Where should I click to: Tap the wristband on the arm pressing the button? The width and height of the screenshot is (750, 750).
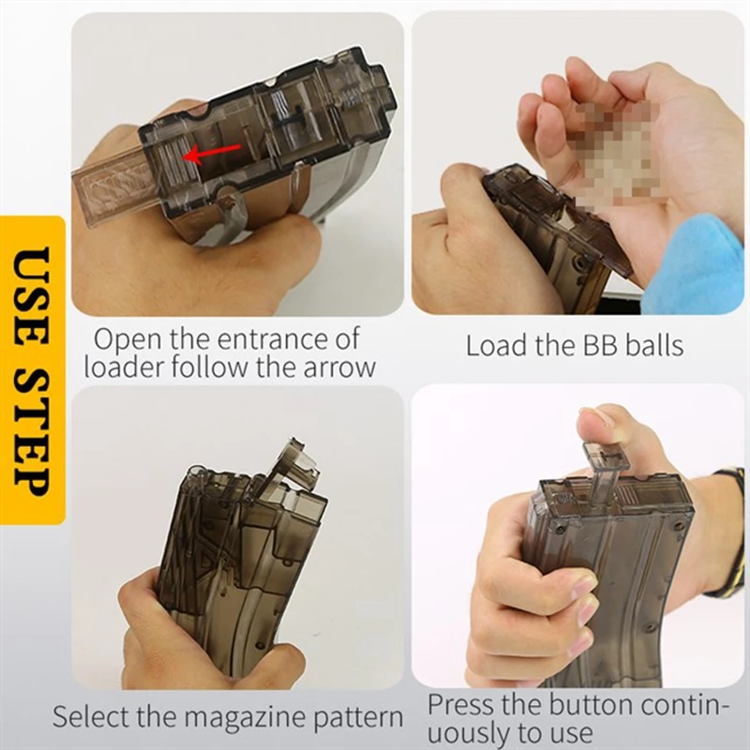click(x=727, y=534)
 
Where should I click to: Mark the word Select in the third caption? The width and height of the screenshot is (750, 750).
click(x=90, y=718)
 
